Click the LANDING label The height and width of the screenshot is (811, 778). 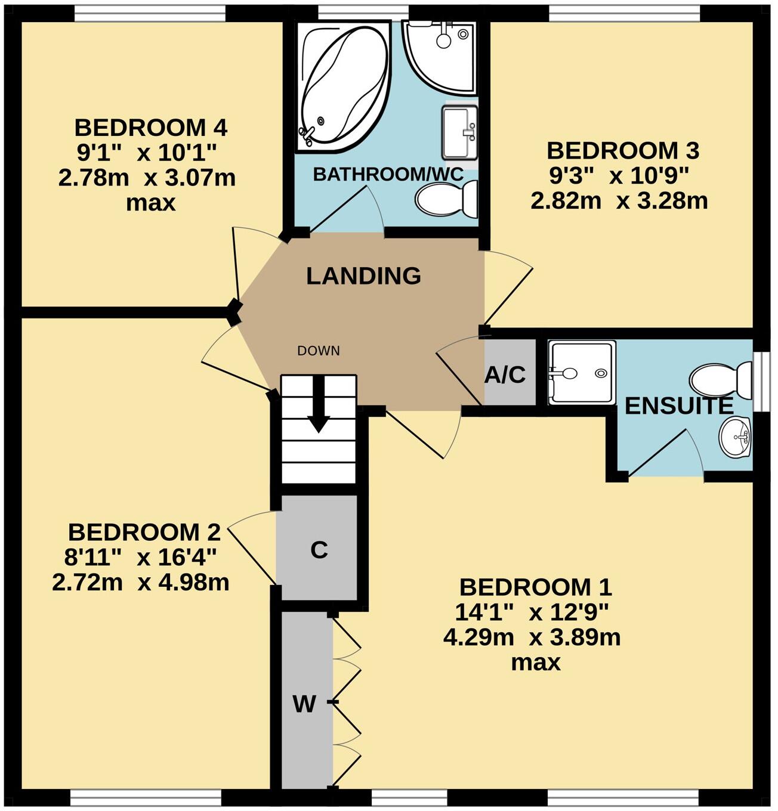pos(363,276)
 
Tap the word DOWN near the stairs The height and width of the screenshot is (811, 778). pos(319,351)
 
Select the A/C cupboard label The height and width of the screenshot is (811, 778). pos(505,374)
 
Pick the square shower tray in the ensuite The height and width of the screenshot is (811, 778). pos(581,373)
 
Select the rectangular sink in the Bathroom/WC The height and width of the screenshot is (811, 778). pos(459,133)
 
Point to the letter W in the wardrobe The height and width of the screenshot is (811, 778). pos(304,704)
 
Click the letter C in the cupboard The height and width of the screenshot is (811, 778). pos(319,550)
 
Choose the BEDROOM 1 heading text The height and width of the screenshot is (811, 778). pos(535,587)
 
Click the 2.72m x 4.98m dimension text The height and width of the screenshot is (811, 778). pos(141,582)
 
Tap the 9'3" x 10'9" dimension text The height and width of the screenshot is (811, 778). pos(619,176)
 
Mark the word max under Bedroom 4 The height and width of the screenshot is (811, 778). pos(150,203)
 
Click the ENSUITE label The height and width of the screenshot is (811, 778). pos(678,406)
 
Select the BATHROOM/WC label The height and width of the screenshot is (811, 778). pos(388,175)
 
